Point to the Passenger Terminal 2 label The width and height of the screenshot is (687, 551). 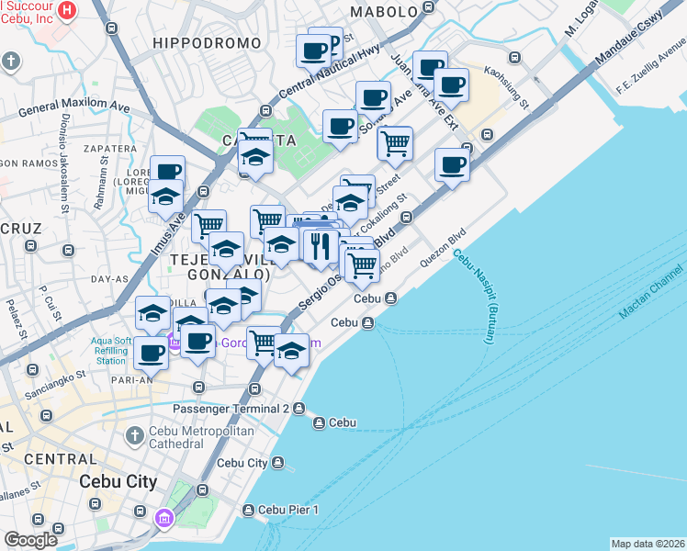pyautogui.click(x=231, y=408)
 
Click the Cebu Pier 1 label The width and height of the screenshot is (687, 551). pyautogui.click(x=288, y=510)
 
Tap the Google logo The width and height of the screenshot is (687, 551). pyautogui.click(x=30, y=540)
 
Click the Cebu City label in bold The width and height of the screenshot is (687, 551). pyautogui.click(x=118, y=481)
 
